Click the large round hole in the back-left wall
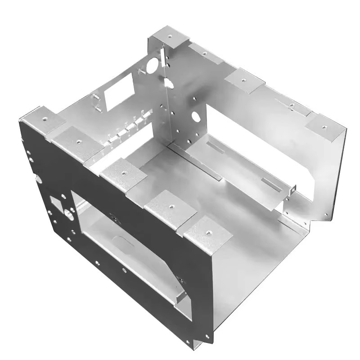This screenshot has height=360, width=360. click(152, 66)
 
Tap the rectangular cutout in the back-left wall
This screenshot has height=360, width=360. click(119, 92)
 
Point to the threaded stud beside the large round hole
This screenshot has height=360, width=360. click(140, 71)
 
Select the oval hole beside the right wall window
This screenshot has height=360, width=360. click(196, 117)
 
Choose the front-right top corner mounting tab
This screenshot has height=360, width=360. click(207, 232)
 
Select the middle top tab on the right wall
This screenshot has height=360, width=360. click(244, 81)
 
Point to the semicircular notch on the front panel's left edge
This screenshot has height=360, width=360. click(38, 179)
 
